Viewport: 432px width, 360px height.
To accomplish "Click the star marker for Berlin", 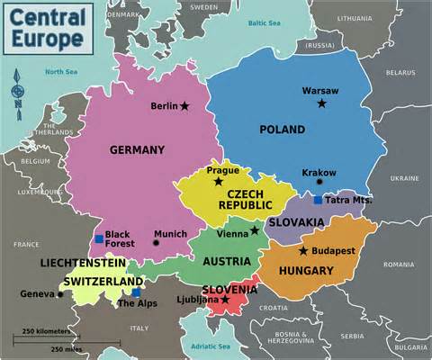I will (x=184, y=106).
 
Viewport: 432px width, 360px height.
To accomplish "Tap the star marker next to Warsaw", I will (x=321, y=103).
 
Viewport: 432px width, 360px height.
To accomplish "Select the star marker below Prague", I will (x=218, y=182).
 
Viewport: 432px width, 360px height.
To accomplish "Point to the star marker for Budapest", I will (x=303, y=250).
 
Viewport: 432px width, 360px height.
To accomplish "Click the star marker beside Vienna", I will (x=255, y=230).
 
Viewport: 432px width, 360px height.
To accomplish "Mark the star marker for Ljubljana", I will (x=225, y=299).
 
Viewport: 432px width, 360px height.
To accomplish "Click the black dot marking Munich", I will (x=156, y=243).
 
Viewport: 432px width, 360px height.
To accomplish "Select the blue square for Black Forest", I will (x=98, y=238).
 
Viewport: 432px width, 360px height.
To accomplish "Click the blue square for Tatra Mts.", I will (x=318, y=200).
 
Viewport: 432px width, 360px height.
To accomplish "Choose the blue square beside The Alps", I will (x=136, y=292).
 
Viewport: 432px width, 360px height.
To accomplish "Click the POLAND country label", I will (x=283, y=130).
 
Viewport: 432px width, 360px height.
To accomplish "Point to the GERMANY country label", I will (x=137, y=149).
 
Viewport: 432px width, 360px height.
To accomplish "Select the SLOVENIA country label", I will (x=229, y=289).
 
